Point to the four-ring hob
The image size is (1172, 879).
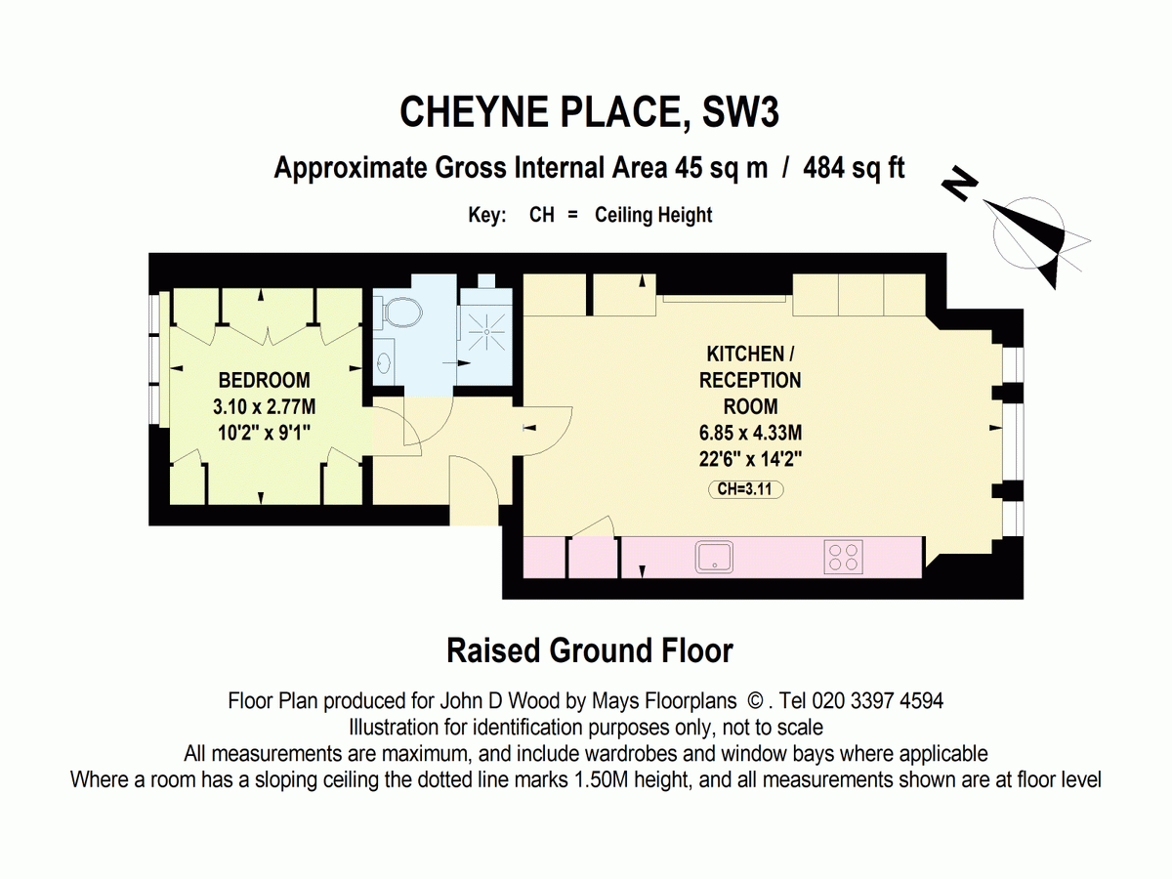click(x=845, y=557)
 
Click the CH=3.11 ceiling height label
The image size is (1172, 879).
click(x=746, y=491)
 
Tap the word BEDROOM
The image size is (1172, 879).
click(x=264, y=381)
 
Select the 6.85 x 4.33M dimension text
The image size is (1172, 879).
click(x=749, y=433)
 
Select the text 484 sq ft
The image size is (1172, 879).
click(x=854, y=168)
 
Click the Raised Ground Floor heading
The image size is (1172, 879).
click(x=590, y=650)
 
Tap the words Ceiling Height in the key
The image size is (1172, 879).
click(x=653, y=215)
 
